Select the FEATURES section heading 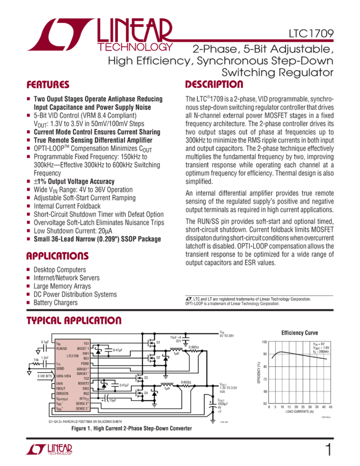(x=48, y=86)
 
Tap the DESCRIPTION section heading (x=214, y=85)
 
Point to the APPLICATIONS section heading (x=58, y=256)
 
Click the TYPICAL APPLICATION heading (x=74, y=321)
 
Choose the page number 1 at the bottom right (x=328, y=450)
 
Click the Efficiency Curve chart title (x=299, y=333)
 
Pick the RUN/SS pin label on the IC (x=62, y=348)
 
